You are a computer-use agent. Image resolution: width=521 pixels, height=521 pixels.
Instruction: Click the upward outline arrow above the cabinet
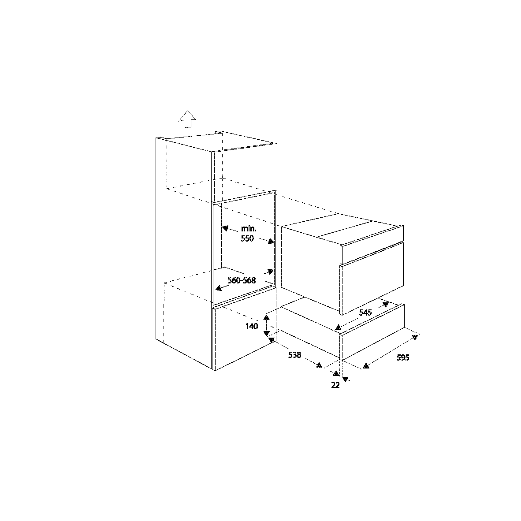pyautogui.click(x=187, y=119)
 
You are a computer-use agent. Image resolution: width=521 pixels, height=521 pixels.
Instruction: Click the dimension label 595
pyautogui.click(x=403, y=357)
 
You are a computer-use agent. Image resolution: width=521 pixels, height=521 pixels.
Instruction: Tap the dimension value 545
pyautogui.click(x=365, y=313)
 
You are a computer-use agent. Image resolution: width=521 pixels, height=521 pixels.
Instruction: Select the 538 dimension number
pyautogui.click(x=294, y=355)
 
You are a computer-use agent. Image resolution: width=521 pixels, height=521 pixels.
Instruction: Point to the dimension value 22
pyautogui.click(x=335, y=385)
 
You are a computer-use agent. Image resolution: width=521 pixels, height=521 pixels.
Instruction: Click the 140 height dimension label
pyautogui.click(x=252, y=326)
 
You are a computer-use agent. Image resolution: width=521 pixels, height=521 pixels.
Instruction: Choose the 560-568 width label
pyautogui.click(x=242, y=280)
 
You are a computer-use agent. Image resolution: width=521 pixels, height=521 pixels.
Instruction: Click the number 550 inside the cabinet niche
pyautogui.click(x=247, y=238)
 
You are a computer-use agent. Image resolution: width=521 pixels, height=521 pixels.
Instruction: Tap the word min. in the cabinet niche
pyautogui.click(x=249, y=229)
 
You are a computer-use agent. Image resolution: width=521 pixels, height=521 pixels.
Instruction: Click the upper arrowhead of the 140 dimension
pyautogui.click(x=266, y=318)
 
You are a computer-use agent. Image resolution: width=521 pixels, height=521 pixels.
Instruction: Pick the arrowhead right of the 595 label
pyautogui.click(x=415, y=338)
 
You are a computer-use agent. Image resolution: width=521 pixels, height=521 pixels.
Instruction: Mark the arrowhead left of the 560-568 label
pyautogui.click(x=218, y=288)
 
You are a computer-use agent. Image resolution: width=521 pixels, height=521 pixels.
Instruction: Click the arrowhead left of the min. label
pyautogui.click(x=225, y=228)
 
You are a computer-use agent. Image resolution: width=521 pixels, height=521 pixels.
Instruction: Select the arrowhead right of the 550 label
pyautogui.click(x=271, y=241)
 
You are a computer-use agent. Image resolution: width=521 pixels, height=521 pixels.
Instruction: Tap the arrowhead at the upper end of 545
pyautogui.click(x=385, y=305)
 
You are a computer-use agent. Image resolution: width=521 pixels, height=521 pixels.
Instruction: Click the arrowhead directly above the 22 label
pyautogui.click(x=336, y=373)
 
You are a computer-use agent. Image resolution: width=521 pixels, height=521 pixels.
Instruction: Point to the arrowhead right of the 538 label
pyautogui.click(x=319, y=365)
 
